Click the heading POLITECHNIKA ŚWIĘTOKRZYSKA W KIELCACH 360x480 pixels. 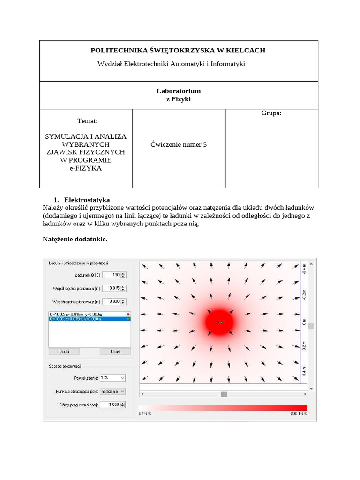pyautogui.click(x=178, y=50)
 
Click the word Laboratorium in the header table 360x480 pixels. pyautogui.click(x=178, y=91)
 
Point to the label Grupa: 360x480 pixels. pyautogui.click(x=271, y=113)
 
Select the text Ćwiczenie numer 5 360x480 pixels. pyautogui.click(x=179, y=144)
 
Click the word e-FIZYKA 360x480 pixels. pyautogui.click(x=85, y=168)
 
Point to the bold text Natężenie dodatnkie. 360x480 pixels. pyautogui.click(x=75, y=239)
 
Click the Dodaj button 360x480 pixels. pyautogui.click(x=64, y=351)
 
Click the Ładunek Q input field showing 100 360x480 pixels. pyautogui.click(x=112, y=275)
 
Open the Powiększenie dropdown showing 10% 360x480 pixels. pyautogui.click(x=113, y=377)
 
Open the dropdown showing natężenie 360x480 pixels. pyautogui.click(x=113, y=391)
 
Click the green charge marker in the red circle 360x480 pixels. pyautogui.click(x=222, y=322)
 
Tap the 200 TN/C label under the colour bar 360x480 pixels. pyautogui.click(x=298, y=413)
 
